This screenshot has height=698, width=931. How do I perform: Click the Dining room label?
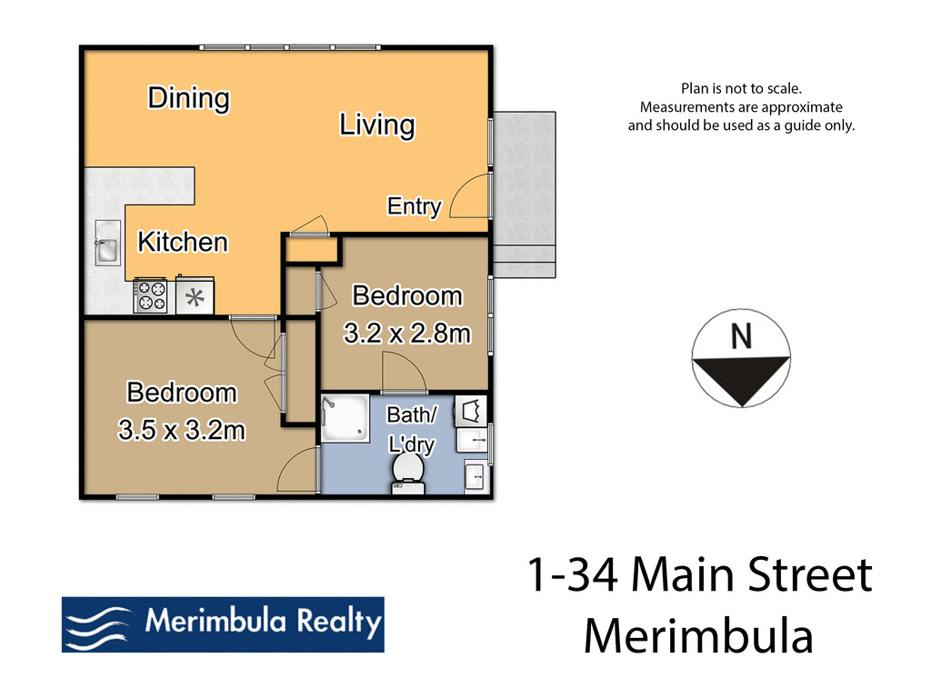point(188,97)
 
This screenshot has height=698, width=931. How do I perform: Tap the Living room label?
point(376,125)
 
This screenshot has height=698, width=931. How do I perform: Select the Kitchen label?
point(182,242)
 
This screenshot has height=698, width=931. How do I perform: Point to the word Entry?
point(414,206)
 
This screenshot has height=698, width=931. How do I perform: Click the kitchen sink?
point(106,245)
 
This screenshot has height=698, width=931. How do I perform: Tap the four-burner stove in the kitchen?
point(151,295)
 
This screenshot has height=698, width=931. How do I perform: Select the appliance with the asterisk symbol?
point(194,296)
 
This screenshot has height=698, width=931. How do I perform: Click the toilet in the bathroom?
point(408,474)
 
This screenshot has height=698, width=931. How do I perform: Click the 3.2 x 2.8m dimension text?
point(406,334)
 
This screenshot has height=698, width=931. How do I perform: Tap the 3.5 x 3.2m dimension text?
point(182,429)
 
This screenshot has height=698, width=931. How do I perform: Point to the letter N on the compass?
point(742,337)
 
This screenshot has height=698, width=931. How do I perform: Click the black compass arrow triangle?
point(742,377)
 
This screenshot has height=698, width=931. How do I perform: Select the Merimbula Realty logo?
point(223,624)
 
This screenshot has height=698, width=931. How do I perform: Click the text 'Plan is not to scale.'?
point(741,88)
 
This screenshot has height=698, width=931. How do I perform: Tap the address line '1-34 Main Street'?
point(699,577)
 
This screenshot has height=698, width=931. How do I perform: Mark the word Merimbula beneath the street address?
point(698,635)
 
